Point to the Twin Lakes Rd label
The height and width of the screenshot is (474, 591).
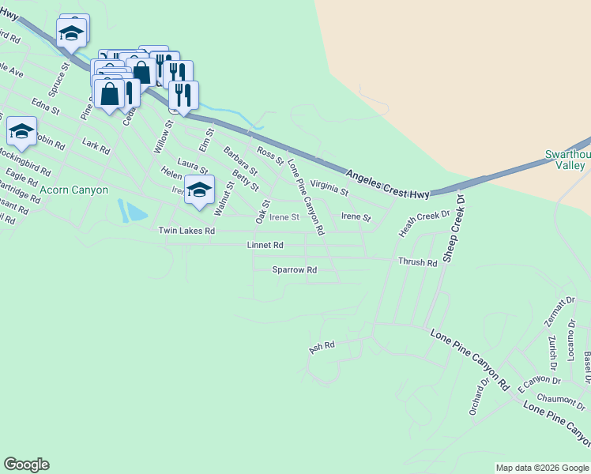186,231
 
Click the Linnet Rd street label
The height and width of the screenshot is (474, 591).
265,246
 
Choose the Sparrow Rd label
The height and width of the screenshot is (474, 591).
294,270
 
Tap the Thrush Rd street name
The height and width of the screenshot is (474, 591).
417,262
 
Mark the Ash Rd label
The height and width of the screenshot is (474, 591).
322,346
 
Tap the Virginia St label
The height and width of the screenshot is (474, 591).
329,187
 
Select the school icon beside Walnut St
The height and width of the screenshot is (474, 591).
200,190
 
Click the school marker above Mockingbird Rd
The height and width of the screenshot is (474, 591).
21,130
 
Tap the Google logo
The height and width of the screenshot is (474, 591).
26,465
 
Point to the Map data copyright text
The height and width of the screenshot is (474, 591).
542,468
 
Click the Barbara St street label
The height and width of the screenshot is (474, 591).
240,160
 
